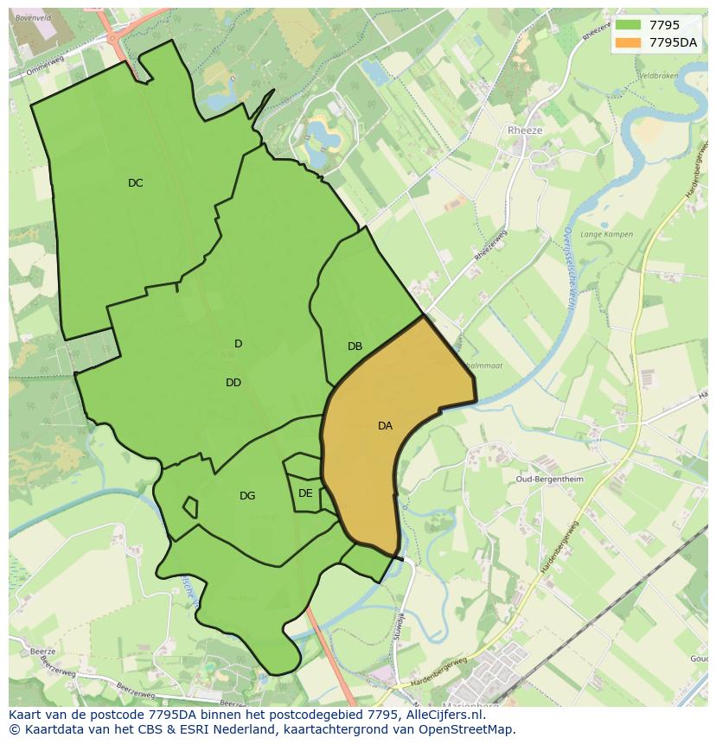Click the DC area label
tap(135, 183)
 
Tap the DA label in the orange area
tap(385, 426)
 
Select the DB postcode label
tap(355, 347)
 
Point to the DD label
tap(233, 383)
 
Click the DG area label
tap(247, 496)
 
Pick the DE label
tap(305, 493)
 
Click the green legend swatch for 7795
tap(629, 26)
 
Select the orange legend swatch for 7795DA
tap(629, 43)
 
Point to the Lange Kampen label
tap(606, 234)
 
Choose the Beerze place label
tap(42, 652)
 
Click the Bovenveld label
tap(35, 17)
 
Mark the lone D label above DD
tap(239, 344)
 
